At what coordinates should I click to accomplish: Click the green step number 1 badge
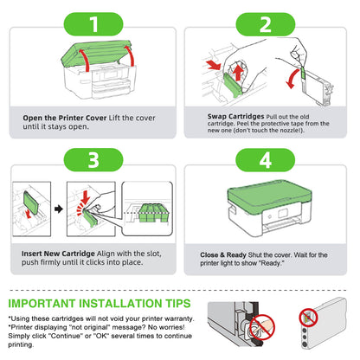93,24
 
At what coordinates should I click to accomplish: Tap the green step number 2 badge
266,24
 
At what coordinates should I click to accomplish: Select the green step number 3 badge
93,160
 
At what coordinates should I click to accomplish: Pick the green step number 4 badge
266,160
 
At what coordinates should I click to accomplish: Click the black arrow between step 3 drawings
59,209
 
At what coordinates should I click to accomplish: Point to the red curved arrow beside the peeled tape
292,79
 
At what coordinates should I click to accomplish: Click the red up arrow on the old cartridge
237,72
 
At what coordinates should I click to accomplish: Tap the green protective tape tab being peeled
303,73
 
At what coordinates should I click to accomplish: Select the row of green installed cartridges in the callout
153,213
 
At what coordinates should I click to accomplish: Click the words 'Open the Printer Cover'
65,118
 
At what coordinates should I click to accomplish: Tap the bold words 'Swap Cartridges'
235,116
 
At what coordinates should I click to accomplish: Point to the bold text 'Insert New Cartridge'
58,254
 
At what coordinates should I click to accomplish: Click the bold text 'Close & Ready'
223,255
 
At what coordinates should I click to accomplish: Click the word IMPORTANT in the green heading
42,304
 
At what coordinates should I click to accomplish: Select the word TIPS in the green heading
178,304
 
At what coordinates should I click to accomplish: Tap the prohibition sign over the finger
262,327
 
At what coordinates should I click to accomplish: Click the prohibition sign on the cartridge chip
308,318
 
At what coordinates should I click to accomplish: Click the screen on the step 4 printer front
283,214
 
